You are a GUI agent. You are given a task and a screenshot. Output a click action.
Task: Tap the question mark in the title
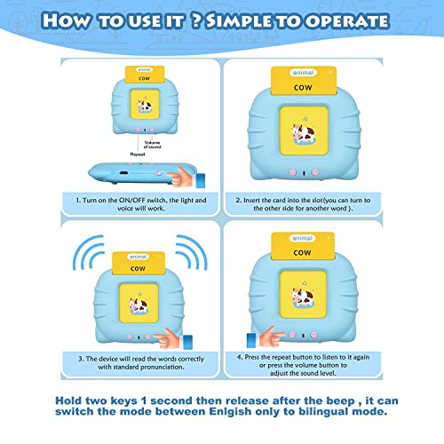pos(196,21)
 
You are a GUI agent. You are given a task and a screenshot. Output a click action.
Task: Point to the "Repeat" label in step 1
pos(138,155)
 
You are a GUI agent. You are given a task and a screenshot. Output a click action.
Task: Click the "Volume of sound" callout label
pos(152,145)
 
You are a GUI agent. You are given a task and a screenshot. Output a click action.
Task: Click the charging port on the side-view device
pos(123,173)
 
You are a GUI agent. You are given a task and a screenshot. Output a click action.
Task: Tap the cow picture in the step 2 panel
pos(304,133)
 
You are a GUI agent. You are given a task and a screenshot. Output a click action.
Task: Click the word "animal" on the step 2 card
pos(303,73)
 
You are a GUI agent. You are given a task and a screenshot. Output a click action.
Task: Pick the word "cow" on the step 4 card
pos(302,252)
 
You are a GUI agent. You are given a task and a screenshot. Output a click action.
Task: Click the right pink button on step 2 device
pos(315,172)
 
